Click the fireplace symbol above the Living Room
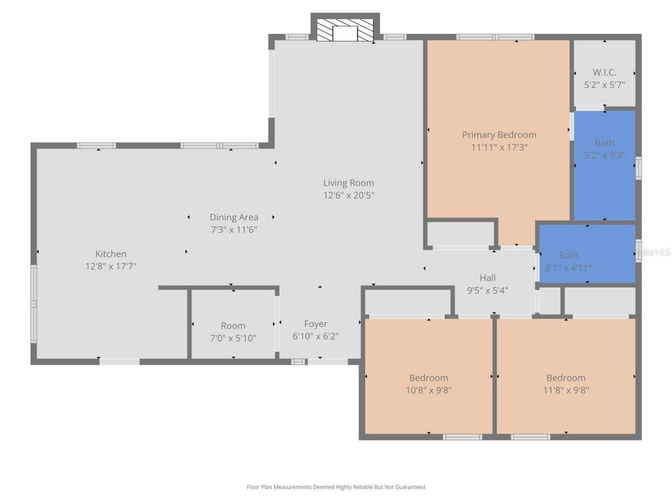tap(345, 30)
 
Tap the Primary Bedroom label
tap(499, 135)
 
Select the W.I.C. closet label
tap(604, 72)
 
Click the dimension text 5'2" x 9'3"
tap(604, 155)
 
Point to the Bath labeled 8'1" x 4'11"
tap(568, 261)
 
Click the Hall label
tap(487, 278)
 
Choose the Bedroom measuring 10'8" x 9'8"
tap(428, 384)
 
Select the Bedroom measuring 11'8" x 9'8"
tap(565, 384)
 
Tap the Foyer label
tap(316, 324)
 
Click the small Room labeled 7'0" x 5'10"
tap(233, 332)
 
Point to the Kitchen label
tap(111, 254)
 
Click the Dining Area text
tap(234, 217)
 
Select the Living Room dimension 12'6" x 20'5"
tap(349, 195)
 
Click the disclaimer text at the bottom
tap(336, 487)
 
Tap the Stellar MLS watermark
tap(653, 253)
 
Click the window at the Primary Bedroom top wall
tap(495, 37)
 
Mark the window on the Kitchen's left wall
tap(34, 304)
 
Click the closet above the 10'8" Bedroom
tap(407, 302)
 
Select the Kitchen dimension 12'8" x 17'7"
tap(111, 266)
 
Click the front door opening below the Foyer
tap(328, 362)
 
